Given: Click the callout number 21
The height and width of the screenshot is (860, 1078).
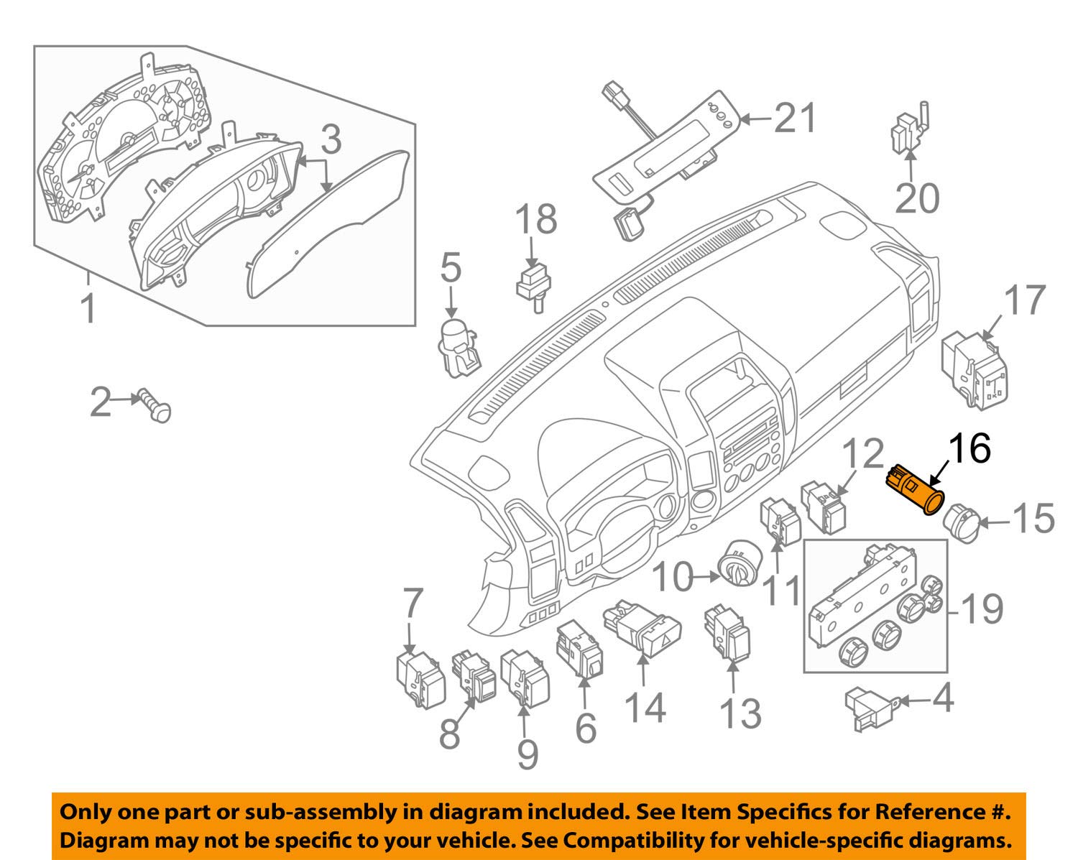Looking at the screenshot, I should [x=796, y=117].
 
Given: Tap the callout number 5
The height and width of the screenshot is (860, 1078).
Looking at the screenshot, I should [x=451, y=267].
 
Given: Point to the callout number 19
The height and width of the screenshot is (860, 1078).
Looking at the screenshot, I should [x=982, y=609].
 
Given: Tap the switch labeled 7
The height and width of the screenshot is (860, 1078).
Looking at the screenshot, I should [x=419, y=676].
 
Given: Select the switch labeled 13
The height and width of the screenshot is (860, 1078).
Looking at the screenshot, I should [x=728, y=632].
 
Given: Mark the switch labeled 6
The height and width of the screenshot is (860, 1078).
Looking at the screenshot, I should [x=580, y=649].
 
